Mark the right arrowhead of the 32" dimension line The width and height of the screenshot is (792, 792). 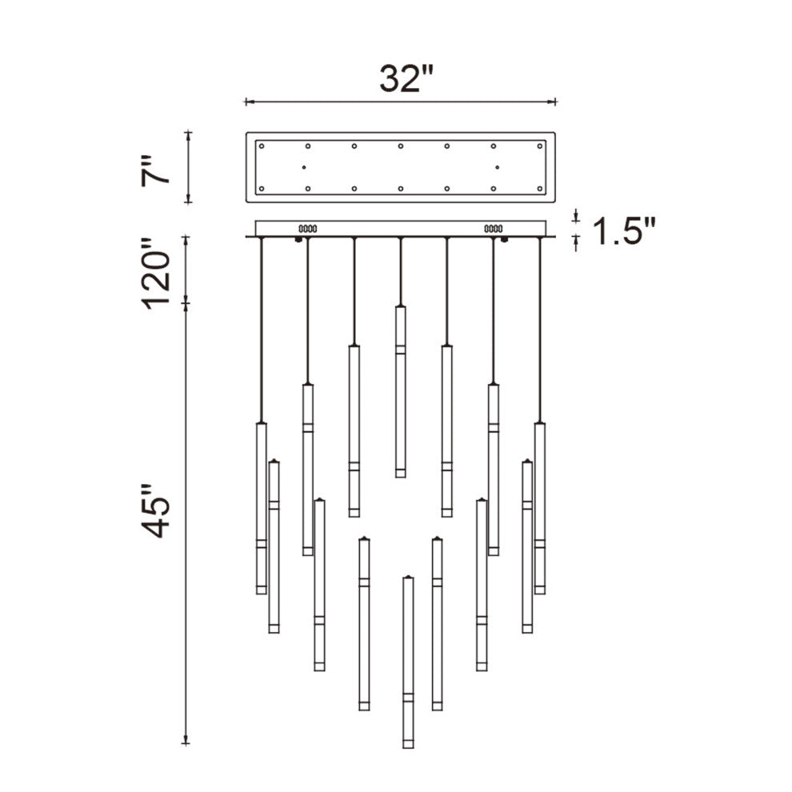[x=553, y=102]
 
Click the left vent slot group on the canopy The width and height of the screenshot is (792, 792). [x=308, y=229]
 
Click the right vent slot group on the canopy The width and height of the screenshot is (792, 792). [x=492, y=229]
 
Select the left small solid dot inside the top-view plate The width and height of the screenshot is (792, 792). [x=304, y=167]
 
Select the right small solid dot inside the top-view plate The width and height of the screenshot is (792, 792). [x=497, y=167]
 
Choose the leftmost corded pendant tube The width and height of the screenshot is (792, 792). [x=261, y=508]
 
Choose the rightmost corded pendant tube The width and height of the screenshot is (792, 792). [x=540, y=508]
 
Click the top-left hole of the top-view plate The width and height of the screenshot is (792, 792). [x=261, y=146]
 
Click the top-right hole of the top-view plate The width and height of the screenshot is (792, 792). [x=540, y=146]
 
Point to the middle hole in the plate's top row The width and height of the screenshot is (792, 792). [x=400, y=146]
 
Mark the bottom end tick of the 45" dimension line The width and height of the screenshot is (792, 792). [x=187, y=742]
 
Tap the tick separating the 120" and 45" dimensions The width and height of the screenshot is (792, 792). [x=187, y=302]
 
